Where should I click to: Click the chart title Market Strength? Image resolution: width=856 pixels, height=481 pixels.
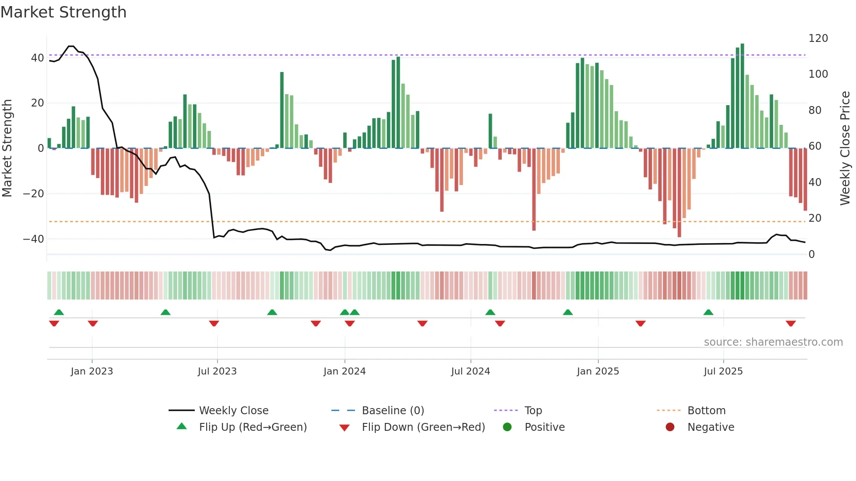coord(63,12)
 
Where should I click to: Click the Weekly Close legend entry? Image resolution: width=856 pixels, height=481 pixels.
coord(233,410)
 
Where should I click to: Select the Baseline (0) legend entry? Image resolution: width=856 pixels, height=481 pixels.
coord(393,410)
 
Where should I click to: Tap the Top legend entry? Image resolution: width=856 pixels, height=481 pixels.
coord(533,410)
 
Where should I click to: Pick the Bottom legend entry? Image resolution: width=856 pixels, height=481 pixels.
coord(706,410)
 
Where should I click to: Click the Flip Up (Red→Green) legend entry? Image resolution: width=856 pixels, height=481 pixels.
coord(252,427)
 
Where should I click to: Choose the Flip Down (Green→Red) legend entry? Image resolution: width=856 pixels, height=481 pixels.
coord(423,427)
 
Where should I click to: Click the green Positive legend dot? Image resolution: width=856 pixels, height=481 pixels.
coord(507,427)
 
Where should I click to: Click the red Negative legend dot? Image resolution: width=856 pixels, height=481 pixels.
coord(670,427)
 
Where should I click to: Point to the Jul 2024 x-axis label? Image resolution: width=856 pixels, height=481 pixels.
coord(470,371)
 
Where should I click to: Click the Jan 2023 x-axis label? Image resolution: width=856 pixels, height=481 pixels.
coord(92,371)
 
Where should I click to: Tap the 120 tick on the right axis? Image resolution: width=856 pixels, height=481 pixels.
coord(818,38)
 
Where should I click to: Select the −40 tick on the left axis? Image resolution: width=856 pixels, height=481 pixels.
coord(33,239)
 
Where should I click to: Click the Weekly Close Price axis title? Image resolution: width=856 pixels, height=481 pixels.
coord(845,148)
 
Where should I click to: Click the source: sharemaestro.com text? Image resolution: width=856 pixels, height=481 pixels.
coord(773,342)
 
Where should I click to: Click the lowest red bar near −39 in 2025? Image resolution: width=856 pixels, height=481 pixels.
coord(679,192)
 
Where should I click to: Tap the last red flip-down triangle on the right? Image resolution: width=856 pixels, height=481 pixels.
coord(790,323)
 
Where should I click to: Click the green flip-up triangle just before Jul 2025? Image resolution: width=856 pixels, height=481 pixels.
coord(708,312)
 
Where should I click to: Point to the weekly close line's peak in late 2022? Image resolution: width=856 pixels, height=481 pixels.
coord(71,46)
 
